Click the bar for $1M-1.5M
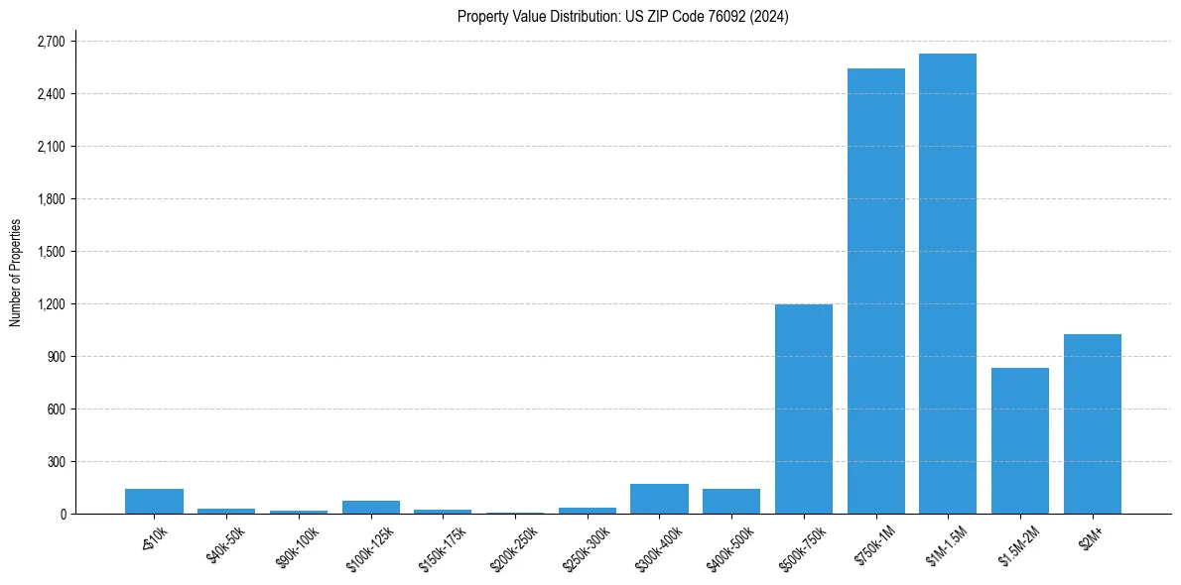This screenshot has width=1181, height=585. click(x=948, y=284)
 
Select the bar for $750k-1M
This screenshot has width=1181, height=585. click(x=875, y=292)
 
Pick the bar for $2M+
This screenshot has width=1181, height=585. click(x=1092, y=424)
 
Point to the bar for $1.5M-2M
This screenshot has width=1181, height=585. click(x=1020, y=441)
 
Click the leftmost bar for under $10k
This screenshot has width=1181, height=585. click(x=154, y=502)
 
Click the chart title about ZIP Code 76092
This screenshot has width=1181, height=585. click(x=622, y=17)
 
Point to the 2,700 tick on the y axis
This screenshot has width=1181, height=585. click(x=50, y=42)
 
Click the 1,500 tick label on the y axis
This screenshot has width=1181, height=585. click(x=50, y=252)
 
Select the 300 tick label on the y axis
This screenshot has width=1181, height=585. click(x=55, y=462)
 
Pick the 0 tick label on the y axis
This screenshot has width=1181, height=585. click(x=62, y=515)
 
